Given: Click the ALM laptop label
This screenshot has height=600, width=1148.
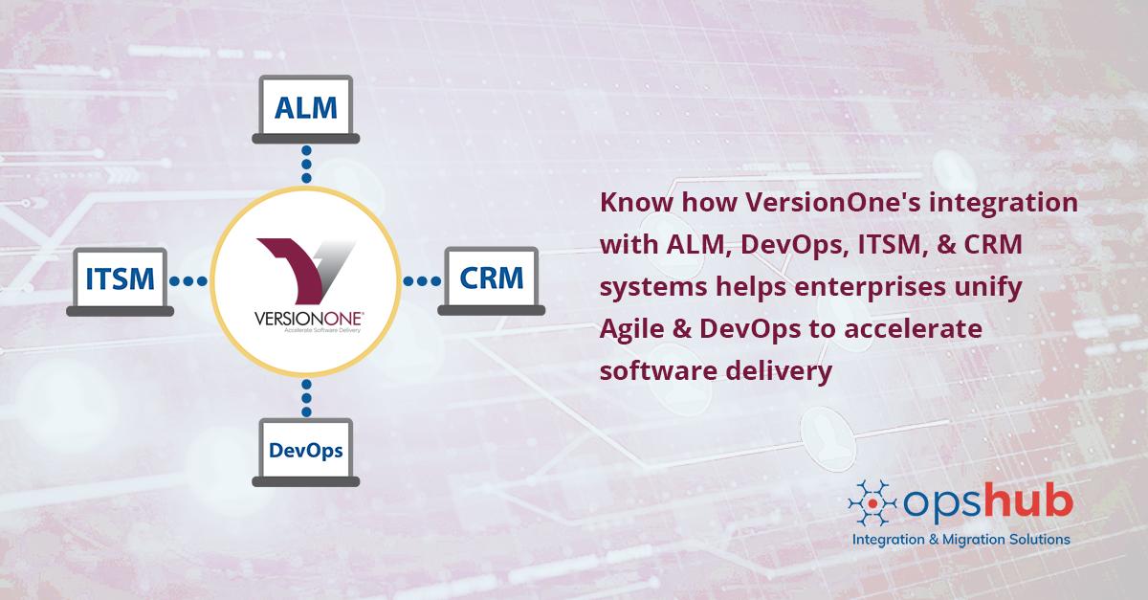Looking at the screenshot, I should pos(305,107).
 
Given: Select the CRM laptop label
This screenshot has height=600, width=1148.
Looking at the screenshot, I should pos(491,279).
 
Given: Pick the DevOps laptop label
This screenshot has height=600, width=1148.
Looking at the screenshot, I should pos(305,449).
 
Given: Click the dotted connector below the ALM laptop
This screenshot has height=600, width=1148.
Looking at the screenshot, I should pos(306,166).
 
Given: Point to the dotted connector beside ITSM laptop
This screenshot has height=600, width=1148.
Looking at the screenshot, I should pos(188,281).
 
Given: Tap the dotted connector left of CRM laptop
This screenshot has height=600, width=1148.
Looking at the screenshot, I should pos(421,281).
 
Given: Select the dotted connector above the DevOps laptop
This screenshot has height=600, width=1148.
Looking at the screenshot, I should pos(306,394).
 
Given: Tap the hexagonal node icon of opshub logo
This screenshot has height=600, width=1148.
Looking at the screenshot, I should pos(872,504).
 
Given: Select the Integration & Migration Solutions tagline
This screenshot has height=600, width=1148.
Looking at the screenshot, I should pos(960,540).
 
